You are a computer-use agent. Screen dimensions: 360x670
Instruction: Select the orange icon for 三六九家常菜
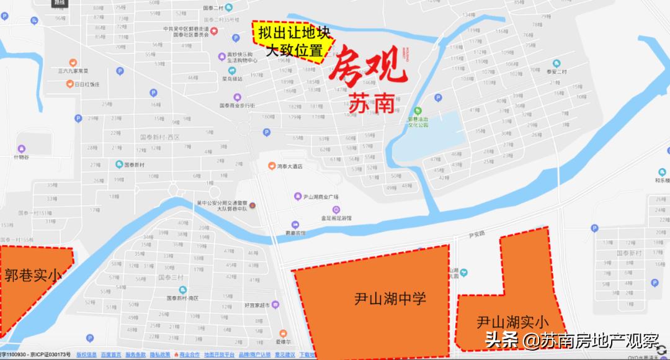coord(73,62)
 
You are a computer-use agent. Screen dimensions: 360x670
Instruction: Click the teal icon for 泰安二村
coord(556,63)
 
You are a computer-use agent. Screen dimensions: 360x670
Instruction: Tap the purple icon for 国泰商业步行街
coord(237,97)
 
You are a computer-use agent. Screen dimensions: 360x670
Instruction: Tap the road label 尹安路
coord(476,234)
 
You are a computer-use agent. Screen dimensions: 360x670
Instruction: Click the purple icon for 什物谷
coord(22,148)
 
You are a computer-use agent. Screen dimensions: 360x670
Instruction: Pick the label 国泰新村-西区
coord(159,137)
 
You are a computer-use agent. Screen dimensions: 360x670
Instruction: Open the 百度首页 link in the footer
coord(112,355)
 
